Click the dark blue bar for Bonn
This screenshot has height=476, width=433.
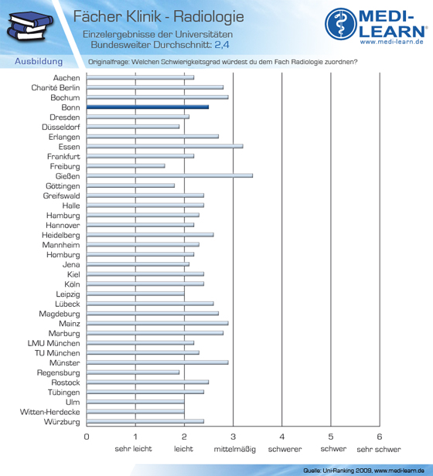[148, 107]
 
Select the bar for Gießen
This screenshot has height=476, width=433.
[169, 175]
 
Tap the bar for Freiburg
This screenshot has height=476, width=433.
[126, 166]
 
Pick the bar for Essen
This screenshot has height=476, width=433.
[165, 146]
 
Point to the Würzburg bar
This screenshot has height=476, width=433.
[145, 421]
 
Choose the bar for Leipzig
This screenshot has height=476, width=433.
[135, 294]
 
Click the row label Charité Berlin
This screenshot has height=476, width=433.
[56, 88]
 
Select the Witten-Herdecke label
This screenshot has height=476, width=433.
[49, 412]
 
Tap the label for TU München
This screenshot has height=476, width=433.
[57, 353]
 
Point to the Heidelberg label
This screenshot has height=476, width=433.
[61, 235]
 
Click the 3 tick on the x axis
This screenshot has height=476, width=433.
[233, 437]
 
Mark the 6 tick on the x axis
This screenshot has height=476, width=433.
[380, 437]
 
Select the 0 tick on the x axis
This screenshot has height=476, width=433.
[87, 437]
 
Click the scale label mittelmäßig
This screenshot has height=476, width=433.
[234, 449]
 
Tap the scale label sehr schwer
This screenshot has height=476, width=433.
[379, 449]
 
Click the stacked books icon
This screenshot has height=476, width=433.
[29, 26]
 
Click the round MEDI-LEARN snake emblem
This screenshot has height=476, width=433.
[341, 24]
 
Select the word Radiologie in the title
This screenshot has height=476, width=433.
[209, 16]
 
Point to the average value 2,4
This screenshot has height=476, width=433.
[222, 45]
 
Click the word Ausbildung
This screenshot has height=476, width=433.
[39, 62]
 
